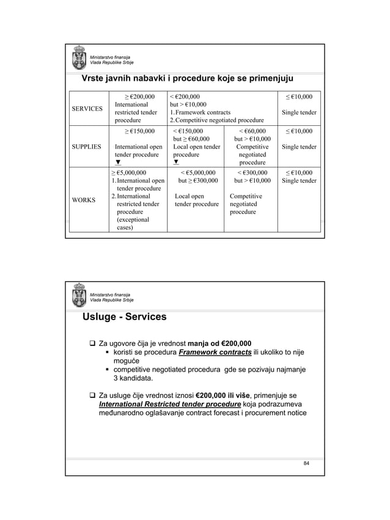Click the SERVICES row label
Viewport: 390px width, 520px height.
85,108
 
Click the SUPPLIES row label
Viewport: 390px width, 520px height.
85,147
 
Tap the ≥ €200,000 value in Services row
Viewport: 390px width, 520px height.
139,97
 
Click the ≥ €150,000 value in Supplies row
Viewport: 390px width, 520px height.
139,131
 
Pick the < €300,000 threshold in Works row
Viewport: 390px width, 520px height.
251,173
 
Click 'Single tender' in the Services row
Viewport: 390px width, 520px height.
299,112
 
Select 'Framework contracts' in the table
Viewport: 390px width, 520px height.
202,112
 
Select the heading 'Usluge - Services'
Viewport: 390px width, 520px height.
125,317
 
